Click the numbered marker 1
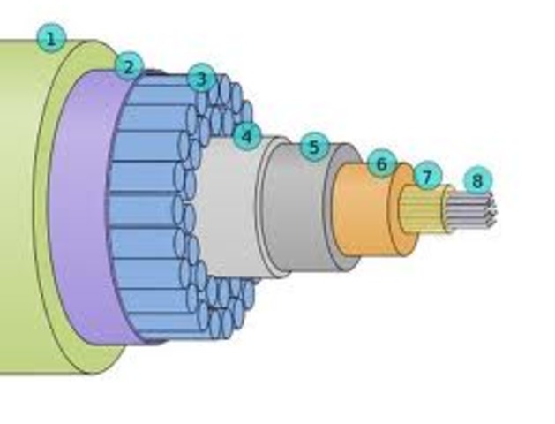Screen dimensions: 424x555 51,38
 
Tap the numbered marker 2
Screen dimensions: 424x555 129,65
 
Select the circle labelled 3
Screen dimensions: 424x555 201,79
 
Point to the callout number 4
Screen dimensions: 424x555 247,136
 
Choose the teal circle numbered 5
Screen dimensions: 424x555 314,147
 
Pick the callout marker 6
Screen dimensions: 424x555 381,163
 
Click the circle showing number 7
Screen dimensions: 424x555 427,177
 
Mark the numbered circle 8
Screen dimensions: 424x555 477,181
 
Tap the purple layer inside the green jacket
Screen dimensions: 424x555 79,212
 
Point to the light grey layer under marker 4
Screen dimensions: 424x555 225,212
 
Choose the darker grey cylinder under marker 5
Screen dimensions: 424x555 296,212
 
